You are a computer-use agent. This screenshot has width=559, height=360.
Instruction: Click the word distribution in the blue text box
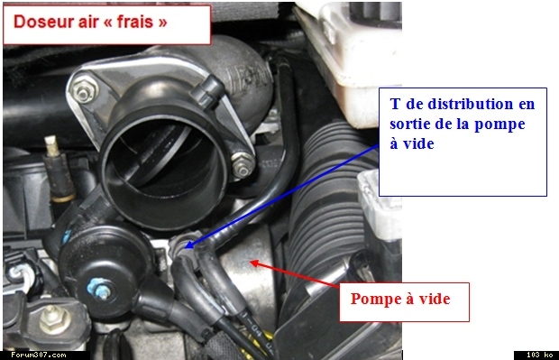[x=470, y=104]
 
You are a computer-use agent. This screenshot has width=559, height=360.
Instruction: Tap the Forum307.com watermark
[x=39, y=355]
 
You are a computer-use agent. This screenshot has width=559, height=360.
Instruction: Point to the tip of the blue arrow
[x=186, y=246]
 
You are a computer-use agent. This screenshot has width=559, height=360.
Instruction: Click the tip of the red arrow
[x=251, y=263]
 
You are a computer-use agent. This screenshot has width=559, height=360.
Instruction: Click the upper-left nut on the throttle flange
[x=83, y=92]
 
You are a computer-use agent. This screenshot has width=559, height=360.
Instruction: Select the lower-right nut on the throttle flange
[x=243, y=167]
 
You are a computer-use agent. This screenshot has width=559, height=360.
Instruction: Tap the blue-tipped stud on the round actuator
[x=99, y=290]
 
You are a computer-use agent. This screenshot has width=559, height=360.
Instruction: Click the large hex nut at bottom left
[x=54, y=319]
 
